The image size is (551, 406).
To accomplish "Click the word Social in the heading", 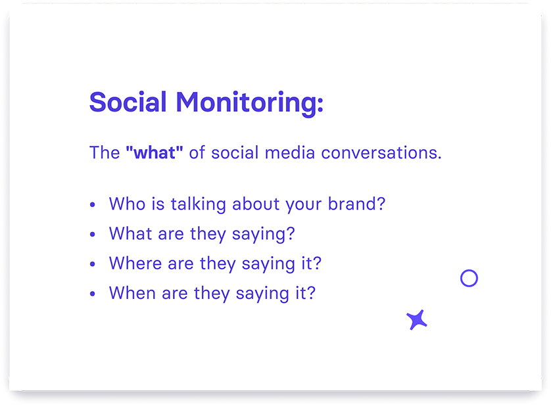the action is (x=128, y=102).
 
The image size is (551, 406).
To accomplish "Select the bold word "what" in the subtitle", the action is (x=155, y=152).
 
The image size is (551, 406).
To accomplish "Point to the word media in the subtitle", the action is (x=289, y=152).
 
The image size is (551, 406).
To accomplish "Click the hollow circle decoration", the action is (x=469, y=270).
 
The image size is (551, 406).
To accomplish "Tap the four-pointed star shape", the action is (x=417, y=319).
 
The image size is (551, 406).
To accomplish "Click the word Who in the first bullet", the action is (x=127, y=204).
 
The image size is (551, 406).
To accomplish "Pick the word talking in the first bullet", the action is (x=198, y=204).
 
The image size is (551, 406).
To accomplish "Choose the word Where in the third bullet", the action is (x=135, y=263).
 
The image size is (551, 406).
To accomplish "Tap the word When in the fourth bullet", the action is (x=132, y=293).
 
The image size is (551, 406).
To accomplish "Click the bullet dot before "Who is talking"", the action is (x=93, y=204).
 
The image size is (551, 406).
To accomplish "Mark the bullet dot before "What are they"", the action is (x=93, y=235).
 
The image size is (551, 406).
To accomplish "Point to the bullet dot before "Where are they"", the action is (x=93, y=264).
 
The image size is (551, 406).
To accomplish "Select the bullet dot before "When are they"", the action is (x=93, y=294).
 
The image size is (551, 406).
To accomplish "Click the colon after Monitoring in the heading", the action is (x=320, y=104).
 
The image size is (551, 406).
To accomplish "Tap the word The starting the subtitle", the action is (x=105, y=152).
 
